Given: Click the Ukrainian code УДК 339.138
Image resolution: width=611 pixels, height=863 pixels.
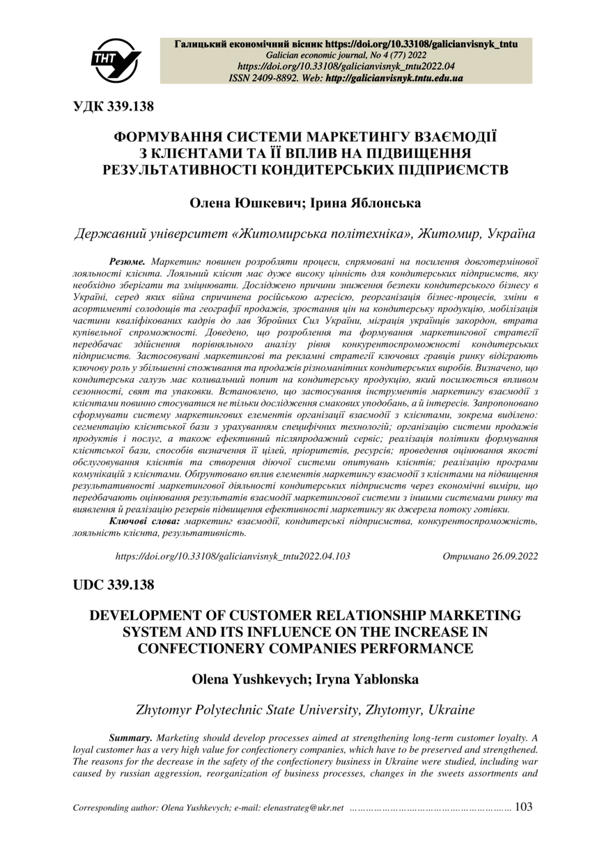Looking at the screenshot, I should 114,106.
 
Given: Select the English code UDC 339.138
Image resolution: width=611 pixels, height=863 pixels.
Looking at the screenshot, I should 114,585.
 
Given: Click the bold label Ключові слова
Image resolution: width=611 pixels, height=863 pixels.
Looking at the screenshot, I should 145,521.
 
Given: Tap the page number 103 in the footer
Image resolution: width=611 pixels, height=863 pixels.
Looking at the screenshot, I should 523,807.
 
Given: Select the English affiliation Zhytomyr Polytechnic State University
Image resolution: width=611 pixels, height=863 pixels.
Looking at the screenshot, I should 247,711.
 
